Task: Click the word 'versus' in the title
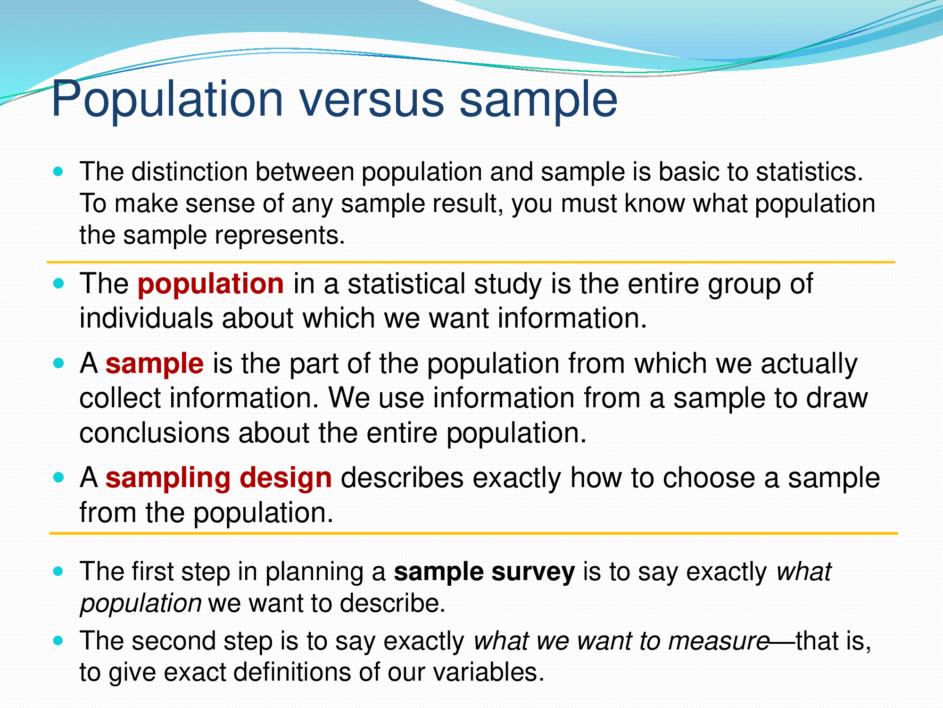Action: pos(372,100)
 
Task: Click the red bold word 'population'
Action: pos(210,284)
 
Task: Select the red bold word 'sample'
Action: pos(154,364)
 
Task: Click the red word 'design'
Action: pos(286,478)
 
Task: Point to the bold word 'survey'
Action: pos(533,573)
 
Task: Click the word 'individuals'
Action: pos(146,318)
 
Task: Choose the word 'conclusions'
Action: pos(154,433)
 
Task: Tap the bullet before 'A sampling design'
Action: pos(58,478)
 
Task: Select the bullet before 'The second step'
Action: pos(58,641)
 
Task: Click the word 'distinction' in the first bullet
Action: pos(190,172)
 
